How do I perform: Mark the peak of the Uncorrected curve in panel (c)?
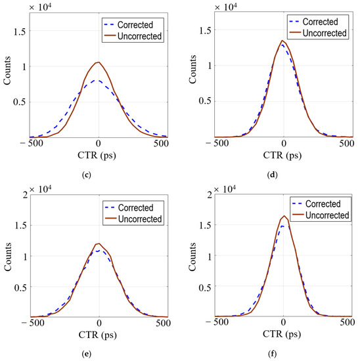pos(99,62)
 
